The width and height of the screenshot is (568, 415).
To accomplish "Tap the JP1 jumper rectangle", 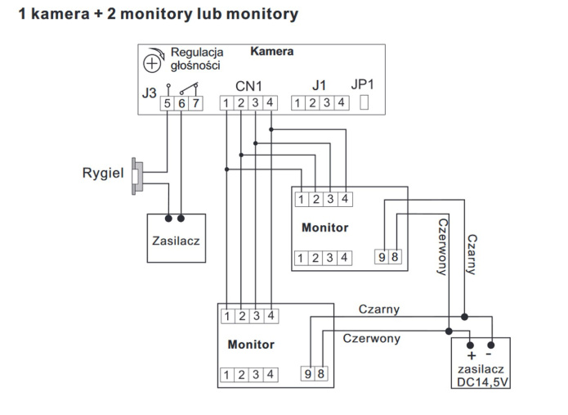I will click(x=365, y=103).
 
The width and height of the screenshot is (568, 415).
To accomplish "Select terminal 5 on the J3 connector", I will click(x=167, y=104).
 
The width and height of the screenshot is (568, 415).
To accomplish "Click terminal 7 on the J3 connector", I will click(x=196, y=104).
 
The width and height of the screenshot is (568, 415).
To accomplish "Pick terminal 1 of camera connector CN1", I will click(x=226, y=104).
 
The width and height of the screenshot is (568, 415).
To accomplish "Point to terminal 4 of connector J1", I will click(x=342, y=104).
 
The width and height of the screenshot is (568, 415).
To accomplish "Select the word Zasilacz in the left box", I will click(x=176, y=241).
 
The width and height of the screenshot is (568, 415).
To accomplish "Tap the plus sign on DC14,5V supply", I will click(x=471, y=355).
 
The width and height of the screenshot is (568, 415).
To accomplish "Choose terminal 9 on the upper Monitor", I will click(x=382, y=258).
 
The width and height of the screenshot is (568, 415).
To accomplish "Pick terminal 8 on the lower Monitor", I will click(x=322, y=374).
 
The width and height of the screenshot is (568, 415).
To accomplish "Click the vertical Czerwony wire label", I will click(x=442, y=246).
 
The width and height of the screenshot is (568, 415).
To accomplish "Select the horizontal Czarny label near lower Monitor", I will click(x=379, y=309).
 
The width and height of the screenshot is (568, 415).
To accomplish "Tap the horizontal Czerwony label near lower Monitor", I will click(x=371, y=337).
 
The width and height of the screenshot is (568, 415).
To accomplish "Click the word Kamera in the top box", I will click(x=271, y=51).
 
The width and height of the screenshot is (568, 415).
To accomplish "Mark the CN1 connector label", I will click(x=248, y=85).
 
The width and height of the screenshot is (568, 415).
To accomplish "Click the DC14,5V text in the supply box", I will click(x=481, y=382).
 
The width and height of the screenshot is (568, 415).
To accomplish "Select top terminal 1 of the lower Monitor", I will click(x=226, y=315).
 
